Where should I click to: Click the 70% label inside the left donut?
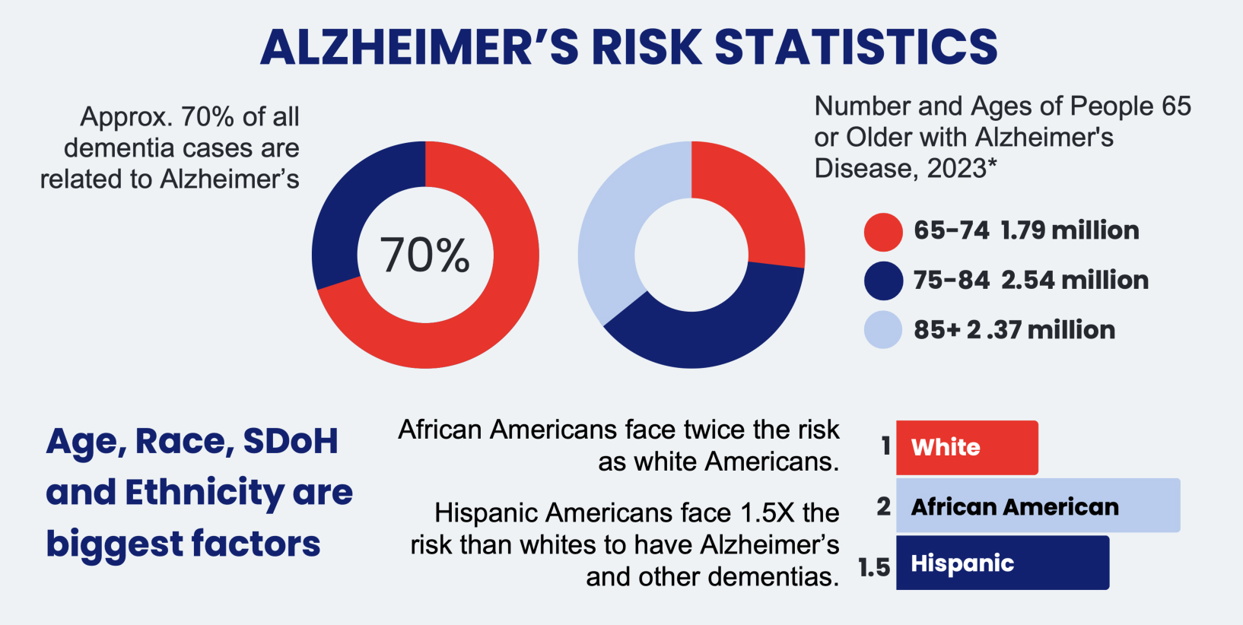(425, 255)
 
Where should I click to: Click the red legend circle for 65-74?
(883, 231)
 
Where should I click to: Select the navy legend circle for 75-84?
(883, 281)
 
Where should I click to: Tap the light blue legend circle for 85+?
(883, 330)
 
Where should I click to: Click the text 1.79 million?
(1070, 230)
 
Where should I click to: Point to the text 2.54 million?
(1074, 280)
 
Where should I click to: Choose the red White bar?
(967, 448)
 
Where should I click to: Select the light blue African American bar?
(1038, 506)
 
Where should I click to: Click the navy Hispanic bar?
(1002, 563)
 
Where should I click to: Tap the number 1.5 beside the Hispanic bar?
(874, 567)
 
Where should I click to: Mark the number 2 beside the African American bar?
(883, 506)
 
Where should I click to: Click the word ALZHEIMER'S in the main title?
(419, 47)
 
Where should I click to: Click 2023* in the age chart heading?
(962, 168)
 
